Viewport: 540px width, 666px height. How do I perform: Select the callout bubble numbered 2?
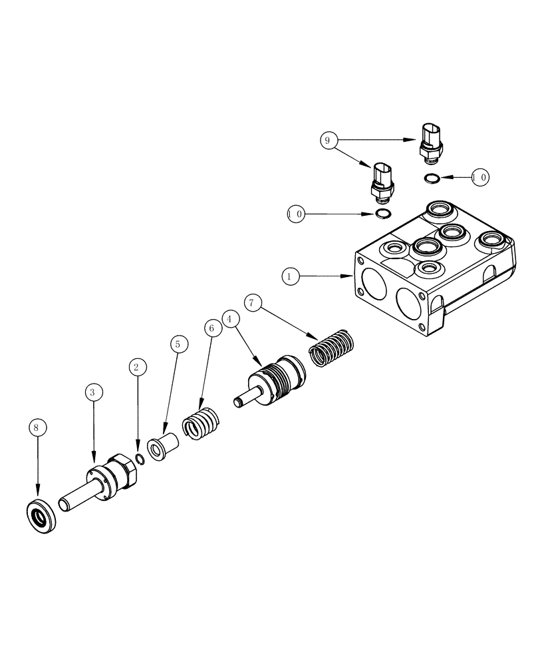pos(137,366)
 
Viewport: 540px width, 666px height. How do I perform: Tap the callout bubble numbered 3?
pos(93,392)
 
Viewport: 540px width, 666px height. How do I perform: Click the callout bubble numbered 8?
pos(37,426)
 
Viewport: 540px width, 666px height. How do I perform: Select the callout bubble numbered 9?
pos(326,140)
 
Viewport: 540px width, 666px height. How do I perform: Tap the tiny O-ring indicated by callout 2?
pos(140,458)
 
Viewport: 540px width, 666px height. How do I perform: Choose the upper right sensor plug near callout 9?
pos(430,141)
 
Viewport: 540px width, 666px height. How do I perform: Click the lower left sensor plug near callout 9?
pos(382,180)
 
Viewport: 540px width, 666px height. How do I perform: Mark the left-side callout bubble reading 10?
pos(295,214)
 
